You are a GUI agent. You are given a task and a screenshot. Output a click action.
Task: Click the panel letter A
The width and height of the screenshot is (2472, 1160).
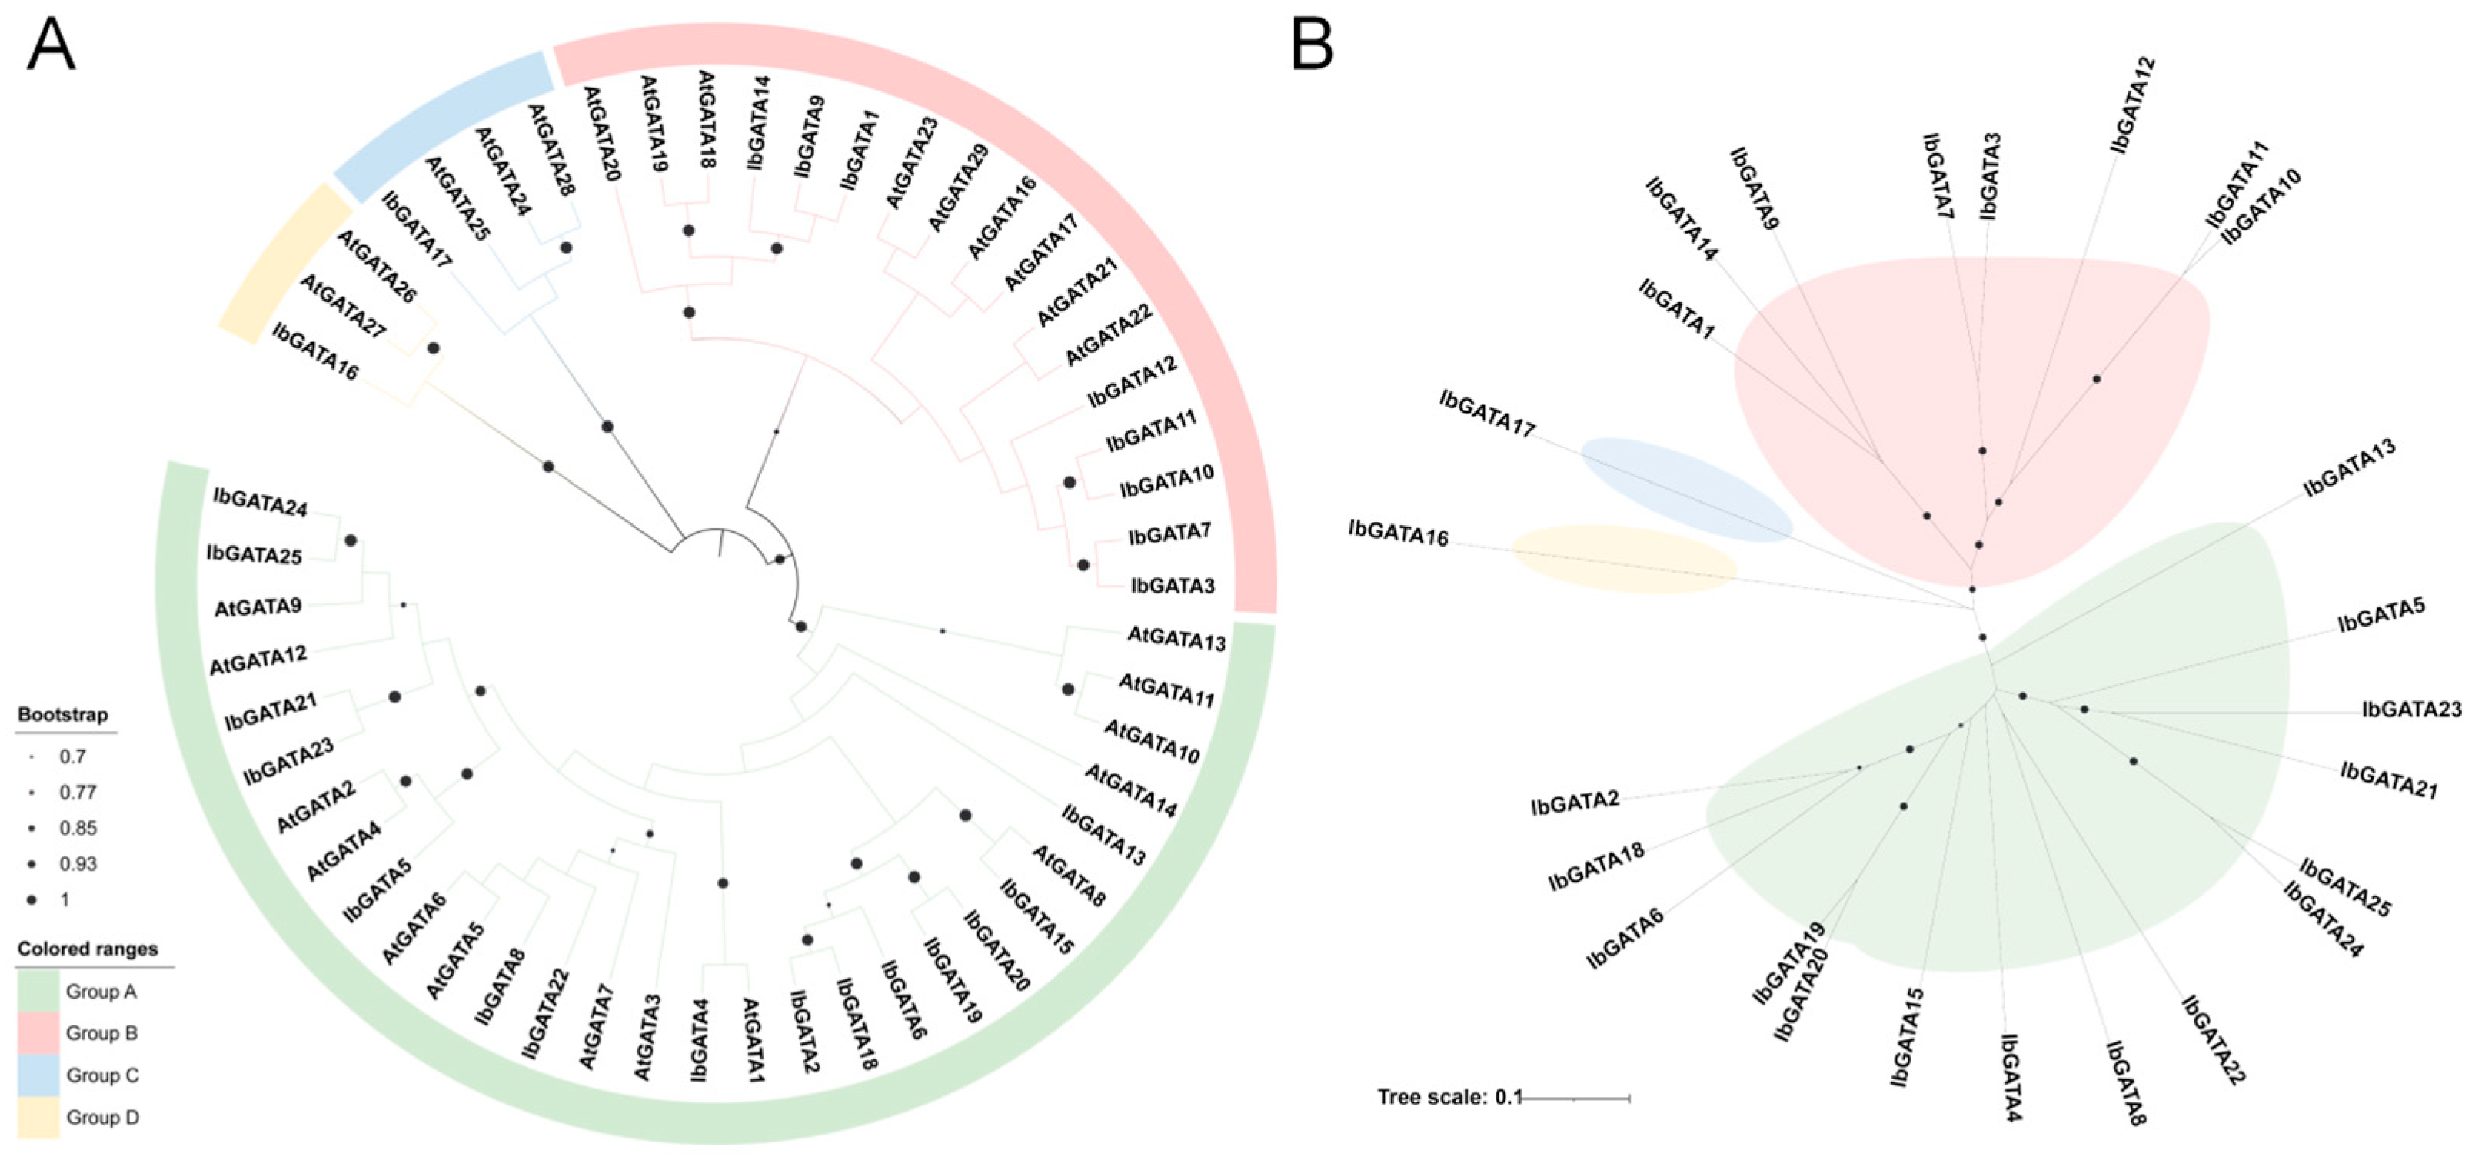point(50,45)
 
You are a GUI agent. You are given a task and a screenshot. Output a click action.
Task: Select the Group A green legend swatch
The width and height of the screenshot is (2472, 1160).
point(38,991)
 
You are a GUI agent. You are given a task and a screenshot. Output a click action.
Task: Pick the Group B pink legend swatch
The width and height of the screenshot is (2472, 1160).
point(38,1033)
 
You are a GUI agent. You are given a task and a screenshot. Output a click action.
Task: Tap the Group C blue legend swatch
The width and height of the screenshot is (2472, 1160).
point(38,1075)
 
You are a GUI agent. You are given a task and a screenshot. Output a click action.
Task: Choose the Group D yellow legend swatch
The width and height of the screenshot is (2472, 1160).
point(38,1118)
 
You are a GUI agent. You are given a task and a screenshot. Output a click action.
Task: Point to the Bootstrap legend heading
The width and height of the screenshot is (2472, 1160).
point(62,715)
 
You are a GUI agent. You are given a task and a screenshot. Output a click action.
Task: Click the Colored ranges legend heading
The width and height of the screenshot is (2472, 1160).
point(88,949)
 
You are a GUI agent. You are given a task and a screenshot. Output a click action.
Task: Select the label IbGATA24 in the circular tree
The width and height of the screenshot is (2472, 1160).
point(260,502)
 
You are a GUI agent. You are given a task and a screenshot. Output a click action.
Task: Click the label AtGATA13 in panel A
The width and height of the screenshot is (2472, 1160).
point(1176,638)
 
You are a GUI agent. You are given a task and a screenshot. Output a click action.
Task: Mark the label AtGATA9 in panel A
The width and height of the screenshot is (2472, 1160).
point(257,607)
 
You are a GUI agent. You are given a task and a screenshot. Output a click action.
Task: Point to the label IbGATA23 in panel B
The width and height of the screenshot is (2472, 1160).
point(2411,710)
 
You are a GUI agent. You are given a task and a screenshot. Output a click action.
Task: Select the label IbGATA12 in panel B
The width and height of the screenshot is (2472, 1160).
point(2133,105)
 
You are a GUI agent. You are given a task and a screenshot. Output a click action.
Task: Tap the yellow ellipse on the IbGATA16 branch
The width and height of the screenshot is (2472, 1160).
point(1624,560)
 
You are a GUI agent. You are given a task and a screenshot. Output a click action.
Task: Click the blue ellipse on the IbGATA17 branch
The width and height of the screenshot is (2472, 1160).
point(1685,490)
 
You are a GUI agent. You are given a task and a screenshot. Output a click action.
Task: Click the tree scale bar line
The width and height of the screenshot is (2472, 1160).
point(1575,1098)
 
